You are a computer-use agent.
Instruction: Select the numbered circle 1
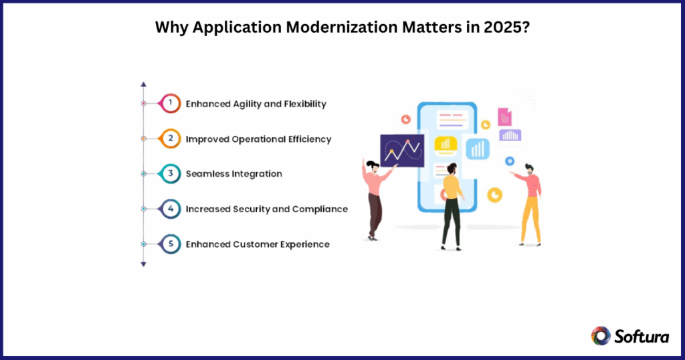pos(171,103)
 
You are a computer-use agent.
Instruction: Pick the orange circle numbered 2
pos(171,139)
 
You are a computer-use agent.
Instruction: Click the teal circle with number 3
pos(171,173)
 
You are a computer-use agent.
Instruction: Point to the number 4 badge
pos(171,209)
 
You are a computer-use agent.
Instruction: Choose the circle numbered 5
pos(171,244)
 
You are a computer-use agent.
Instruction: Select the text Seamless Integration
pos(233,174)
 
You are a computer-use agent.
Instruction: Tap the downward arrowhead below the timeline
pos(143,264)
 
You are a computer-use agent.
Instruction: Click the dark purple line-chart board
pos(401,151)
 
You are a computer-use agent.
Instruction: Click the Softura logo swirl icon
pos(600,335)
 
